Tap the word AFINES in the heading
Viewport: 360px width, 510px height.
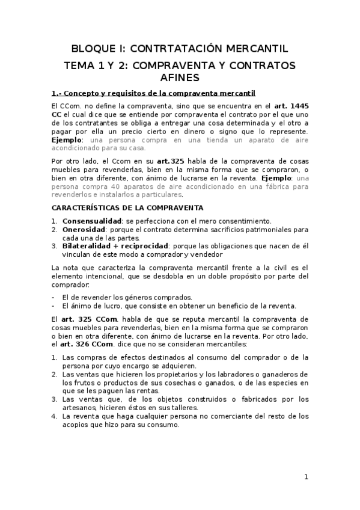pos(180,78)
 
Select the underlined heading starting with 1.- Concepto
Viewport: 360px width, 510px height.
pos(153,93)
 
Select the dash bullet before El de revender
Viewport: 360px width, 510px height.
pos(54,297)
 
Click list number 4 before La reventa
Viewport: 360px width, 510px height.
pos(54,416)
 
